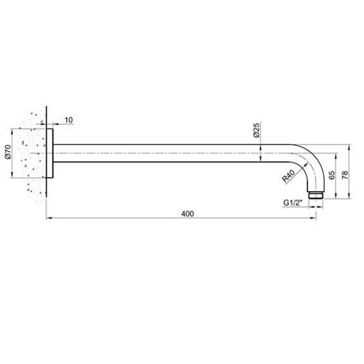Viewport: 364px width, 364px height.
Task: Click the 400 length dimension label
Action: tap(187, 214)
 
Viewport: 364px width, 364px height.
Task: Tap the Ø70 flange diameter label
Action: tap(8, 152)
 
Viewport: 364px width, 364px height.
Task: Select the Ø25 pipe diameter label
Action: tap(256, 130)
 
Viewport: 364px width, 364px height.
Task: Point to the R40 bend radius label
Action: tap(288, 176)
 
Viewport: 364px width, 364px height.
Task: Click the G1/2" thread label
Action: tap(292, 203)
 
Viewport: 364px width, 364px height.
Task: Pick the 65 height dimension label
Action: tap(332, 175)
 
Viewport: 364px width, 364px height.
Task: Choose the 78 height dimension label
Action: tap(345, 175)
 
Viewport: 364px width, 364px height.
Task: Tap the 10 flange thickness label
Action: tap(69, 120)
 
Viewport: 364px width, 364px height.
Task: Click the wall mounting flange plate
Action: tap(50, 153)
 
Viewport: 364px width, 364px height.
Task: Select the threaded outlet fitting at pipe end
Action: tap(315, 195)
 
